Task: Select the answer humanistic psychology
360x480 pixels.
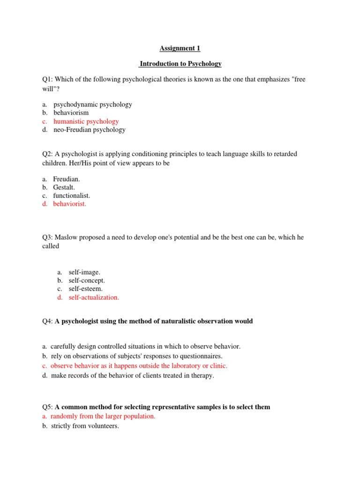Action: [86, 121]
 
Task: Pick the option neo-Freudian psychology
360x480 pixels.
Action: [89, 130]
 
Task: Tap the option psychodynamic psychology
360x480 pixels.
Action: [92, 105]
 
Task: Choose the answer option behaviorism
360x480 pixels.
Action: [71, 113]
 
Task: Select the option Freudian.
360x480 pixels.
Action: [67, 179]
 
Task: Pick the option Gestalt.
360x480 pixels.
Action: [64, 187]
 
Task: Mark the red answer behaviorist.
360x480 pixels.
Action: [70, 204]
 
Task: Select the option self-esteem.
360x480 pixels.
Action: [85, 289]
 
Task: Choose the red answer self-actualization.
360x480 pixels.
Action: [94, 297]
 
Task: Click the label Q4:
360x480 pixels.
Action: [48, 321]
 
